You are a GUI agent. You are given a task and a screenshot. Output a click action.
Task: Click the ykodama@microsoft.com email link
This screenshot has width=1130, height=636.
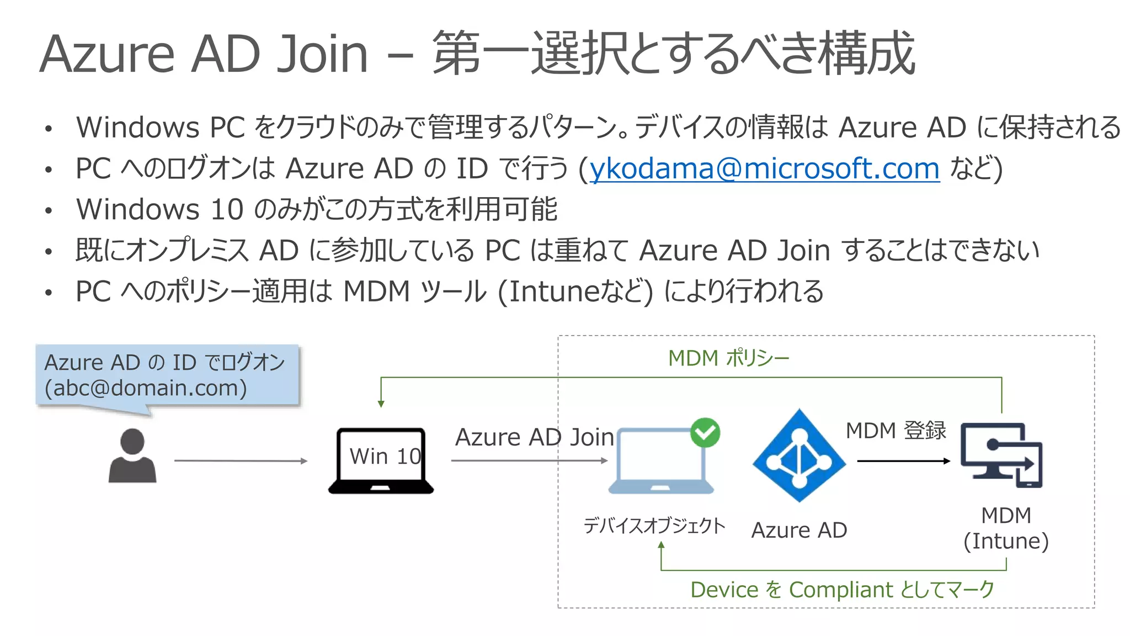click(765, 168)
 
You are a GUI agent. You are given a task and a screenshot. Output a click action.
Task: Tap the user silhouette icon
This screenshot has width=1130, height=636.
click(132, 455)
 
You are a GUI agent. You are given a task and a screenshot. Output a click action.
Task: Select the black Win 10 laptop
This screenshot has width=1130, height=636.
click(381, 460)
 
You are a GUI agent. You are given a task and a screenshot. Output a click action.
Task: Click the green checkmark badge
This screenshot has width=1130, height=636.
click(705, 432)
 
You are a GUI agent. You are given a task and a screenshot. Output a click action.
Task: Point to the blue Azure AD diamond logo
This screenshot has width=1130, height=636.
click(799, 455)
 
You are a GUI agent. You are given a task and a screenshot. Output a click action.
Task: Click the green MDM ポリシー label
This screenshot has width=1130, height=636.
click(729, 358)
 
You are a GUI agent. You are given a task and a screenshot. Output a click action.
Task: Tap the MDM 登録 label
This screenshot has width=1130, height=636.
click(896, 430)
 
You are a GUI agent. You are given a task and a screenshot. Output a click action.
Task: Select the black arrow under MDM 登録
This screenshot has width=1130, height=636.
click(904, 460)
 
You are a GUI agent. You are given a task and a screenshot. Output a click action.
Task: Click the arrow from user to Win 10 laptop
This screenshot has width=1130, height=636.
click(241, 460)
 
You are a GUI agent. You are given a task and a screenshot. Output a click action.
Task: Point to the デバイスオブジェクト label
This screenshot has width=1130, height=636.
click(654, 526)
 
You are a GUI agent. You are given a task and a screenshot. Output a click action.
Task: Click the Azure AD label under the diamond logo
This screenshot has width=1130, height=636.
click(799, 530)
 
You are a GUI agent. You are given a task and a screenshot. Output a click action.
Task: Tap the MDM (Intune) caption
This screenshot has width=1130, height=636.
click(1006, 528)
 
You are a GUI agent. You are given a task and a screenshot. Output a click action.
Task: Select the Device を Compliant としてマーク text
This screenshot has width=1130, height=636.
click(842, 590)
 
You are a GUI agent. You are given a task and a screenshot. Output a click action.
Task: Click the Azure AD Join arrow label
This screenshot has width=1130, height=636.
click(534, 437)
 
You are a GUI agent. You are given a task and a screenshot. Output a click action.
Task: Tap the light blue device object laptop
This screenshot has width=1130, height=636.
click(661, 460)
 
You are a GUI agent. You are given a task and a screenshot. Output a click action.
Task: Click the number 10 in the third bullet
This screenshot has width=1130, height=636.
click(227, 209)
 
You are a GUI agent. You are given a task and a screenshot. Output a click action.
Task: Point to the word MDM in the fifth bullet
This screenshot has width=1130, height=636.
click(377, 291)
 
